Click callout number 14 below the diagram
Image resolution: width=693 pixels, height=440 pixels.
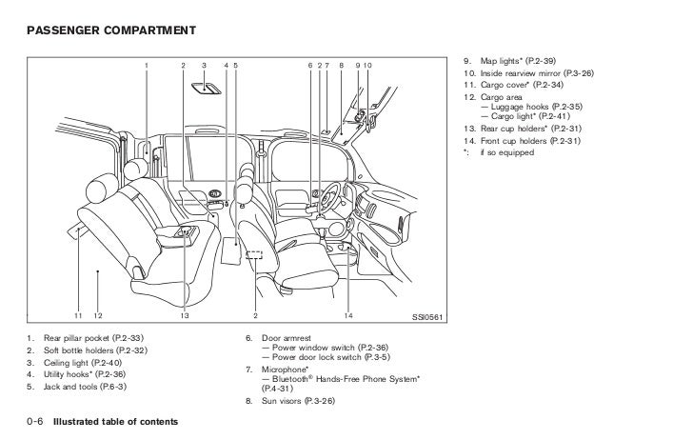[348, 315]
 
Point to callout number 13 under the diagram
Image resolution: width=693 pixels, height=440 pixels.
[185, 315]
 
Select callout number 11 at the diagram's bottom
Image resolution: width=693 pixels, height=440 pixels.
[78, 315]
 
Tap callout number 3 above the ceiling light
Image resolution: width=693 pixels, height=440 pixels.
[204, 65]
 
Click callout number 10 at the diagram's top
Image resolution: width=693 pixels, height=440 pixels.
[367, 65]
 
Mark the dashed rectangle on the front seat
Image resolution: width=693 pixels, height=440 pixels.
[254, 255]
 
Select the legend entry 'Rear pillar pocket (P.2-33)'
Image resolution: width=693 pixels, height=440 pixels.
[94, 339]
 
